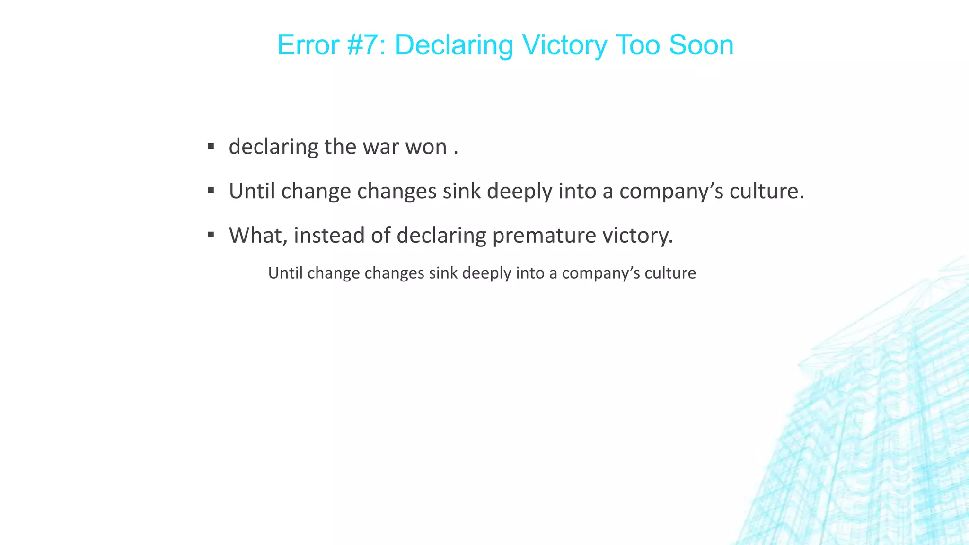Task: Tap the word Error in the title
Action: [x=308, y=45]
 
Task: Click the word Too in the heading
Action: [x=638, y=45]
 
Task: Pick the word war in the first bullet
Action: [x=379, y=147]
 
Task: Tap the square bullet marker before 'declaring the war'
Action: [x=211, y=146]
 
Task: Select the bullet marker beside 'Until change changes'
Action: [x=211, y=191]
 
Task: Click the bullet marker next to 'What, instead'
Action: [x=211, y=235]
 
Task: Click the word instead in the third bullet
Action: [x=329, y=235]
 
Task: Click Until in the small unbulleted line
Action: [x=285, y=273]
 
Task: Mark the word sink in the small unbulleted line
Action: [x=443, y=273]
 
